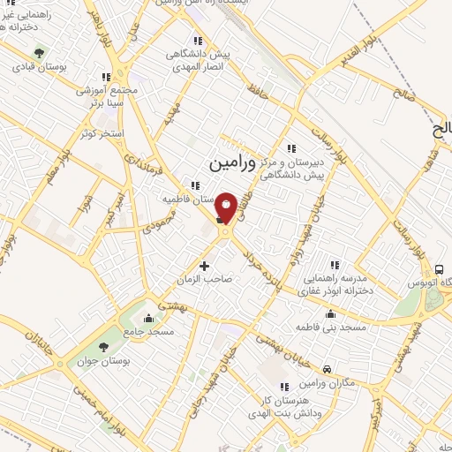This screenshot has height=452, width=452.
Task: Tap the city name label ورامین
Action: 232,164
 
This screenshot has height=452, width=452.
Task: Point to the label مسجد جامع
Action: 148,330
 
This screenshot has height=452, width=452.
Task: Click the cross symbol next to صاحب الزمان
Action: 205,265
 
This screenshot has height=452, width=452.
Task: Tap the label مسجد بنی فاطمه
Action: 349,327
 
